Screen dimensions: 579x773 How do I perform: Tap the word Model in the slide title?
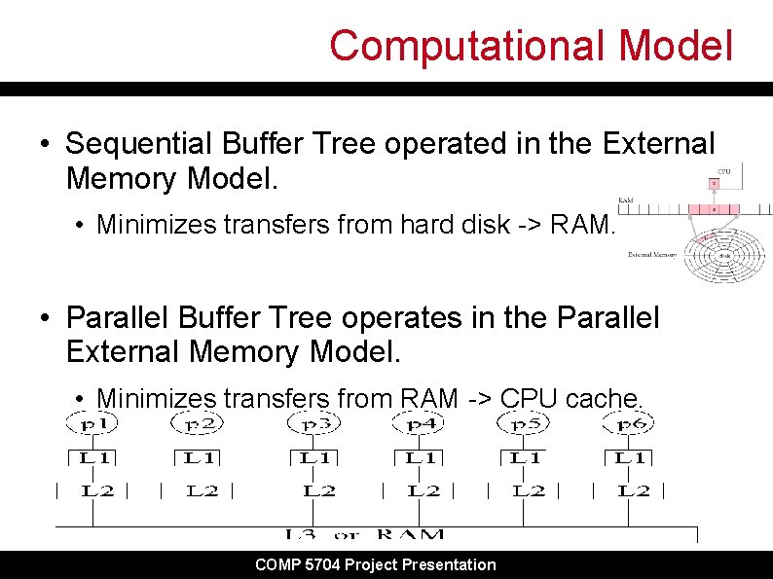[x=674, y=46]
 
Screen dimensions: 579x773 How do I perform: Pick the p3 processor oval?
[x=315, y=423]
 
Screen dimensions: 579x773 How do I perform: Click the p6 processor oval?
[x=631, y=423]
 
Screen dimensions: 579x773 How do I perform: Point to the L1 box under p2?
[x=199, y=456]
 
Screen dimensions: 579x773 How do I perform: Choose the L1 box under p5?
[x=526, y=456]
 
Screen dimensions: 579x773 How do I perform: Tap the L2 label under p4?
[x=423, y=490]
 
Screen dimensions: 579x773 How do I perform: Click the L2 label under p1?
[x=97, y=490]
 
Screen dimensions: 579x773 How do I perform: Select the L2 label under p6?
[x=635, y=490]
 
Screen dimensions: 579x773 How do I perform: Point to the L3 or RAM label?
[x=365, y=534]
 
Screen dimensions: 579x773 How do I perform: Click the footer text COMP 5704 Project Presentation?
[x=375, y=564]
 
